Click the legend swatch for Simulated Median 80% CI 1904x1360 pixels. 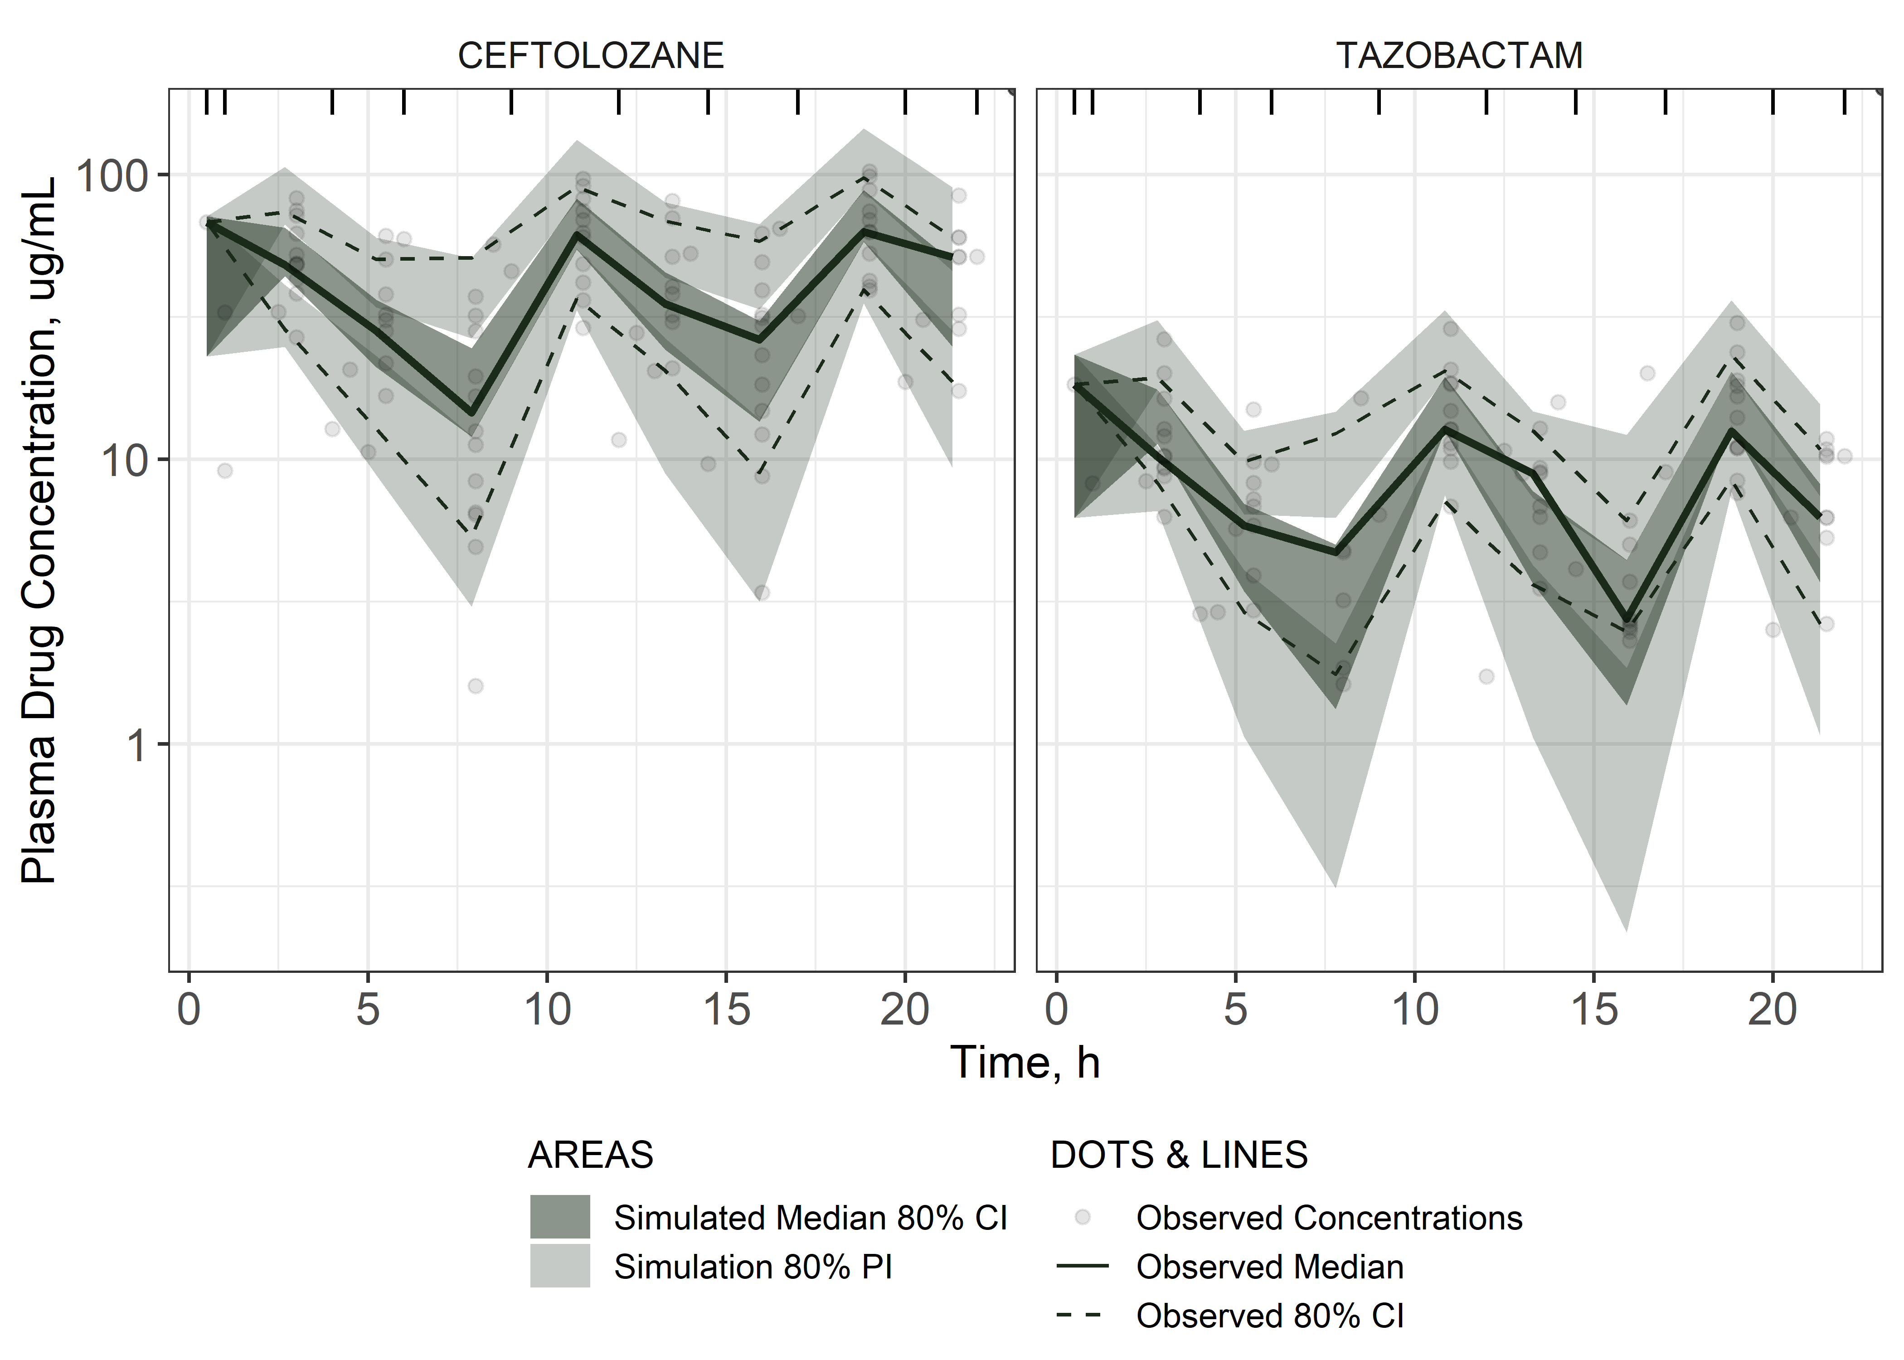[x=559, y=1217]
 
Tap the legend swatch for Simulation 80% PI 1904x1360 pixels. [x=559, y=1265]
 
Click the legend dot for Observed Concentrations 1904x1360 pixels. [x=1083, y=1217]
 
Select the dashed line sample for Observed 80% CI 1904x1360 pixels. [x=1083, y=1316]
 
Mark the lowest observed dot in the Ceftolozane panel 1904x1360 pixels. [x=476, y=686]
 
